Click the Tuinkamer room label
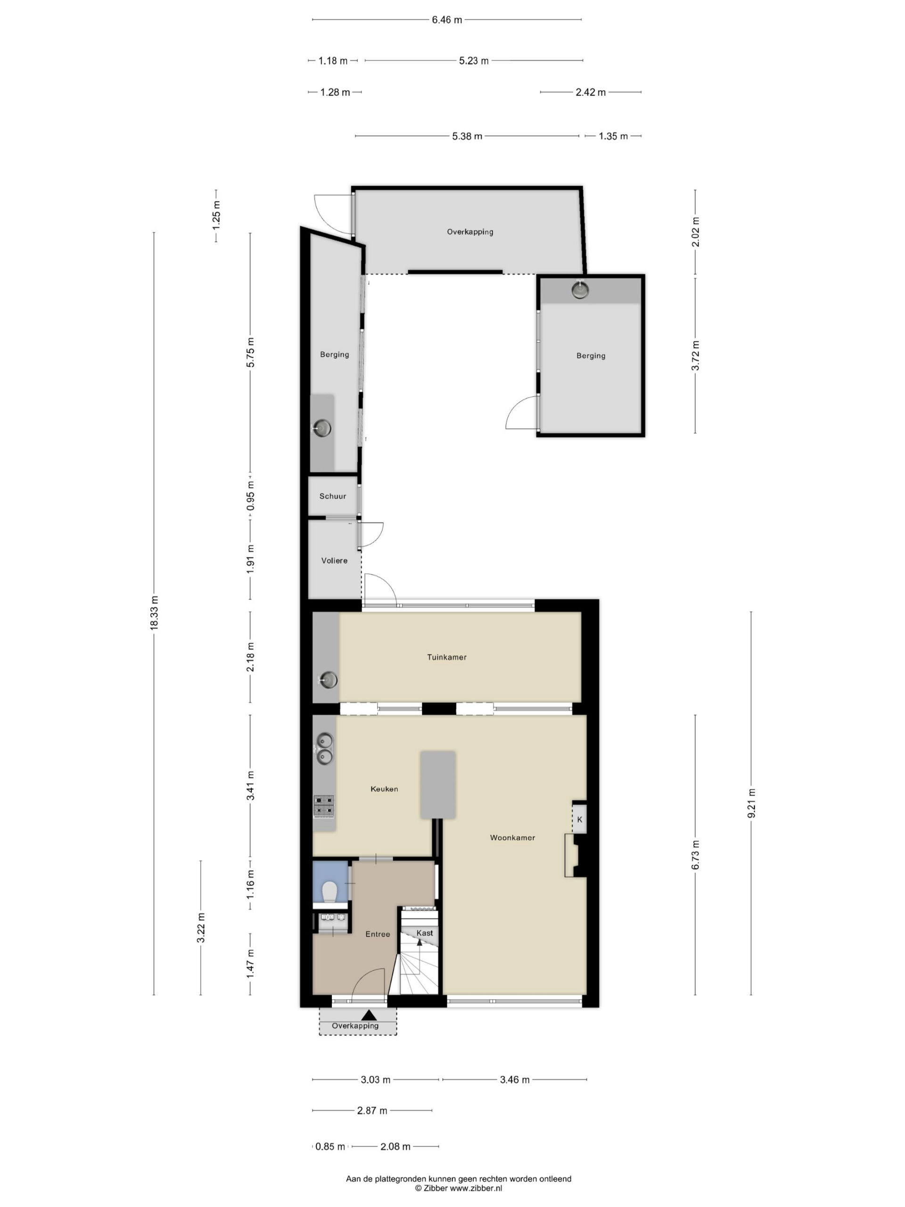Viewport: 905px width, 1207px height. coord(446,657)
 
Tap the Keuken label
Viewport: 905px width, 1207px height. coord(384,788)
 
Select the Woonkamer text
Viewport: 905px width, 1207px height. coord(512,837)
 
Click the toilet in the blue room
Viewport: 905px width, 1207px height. coord(329,892)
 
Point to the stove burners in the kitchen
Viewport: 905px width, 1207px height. coord(323,807)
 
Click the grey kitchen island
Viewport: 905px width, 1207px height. coord(437,785)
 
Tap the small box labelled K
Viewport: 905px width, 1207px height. coord(579,819)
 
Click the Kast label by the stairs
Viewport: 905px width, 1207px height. coord(424,933)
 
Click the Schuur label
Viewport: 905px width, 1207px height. coord(333,496)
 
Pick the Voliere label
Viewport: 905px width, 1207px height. coord(334,561)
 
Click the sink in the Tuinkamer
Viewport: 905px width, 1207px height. coord(327,680)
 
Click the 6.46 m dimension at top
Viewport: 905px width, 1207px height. coord(447,20)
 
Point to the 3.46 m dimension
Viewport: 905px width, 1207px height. coord(514,1079)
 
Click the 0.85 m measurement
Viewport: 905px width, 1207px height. coord(330,1147)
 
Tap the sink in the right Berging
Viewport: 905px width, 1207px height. coord(580,290)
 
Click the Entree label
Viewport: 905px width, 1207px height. coord(378,934)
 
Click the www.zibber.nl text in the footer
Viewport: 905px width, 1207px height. coord(475,1187)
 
